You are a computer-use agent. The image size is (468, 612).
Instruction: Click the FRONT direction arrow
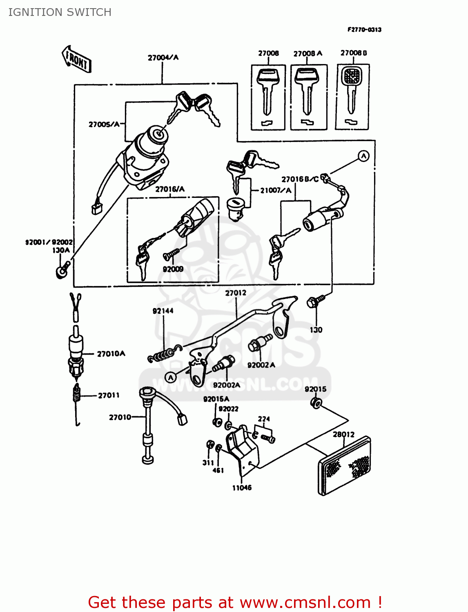click(76, 60)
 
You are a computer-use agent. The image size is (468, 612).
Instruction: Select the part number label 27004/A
click(163, 58)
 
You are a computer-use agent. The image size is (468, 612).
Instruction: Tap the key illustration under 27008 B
click(352, 92)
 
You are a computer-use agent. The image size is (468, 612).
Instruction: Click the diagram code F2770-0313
click(364, 29)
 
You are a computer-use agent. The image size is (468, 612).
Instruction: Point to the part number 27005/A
click(104, 124)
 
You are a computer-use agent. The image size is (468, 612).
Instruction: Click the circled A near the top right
click(363, 156)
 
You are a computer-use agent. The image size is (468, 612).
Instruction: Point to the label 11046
click(242, 488)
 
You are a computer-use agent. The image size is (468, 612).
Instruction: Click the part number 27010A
click(111, 354)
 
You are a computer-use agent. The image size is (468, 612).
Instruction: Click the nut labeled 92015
click(316, 404)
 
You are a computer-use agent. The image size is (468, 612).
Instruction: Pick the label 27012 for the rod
click(236, 293)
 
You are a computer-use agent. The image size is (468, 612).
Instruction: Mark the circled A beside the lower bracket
click(171, 377)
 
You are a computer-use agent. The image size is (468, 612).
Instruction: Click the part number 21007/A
click(276, 190)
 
